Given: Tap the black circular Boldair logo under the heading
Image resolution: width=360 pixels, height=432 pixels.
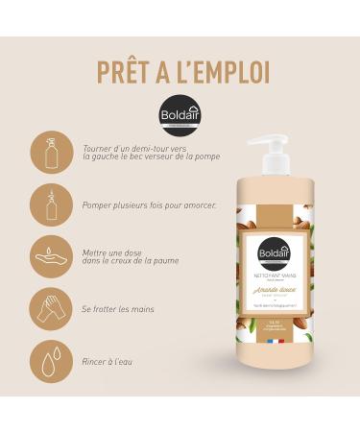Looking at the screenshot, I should click(x=180, y=114).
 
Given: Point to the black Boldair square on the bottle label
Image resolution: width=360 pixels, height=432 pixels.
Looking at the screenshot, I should click(x=276, y=254).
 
